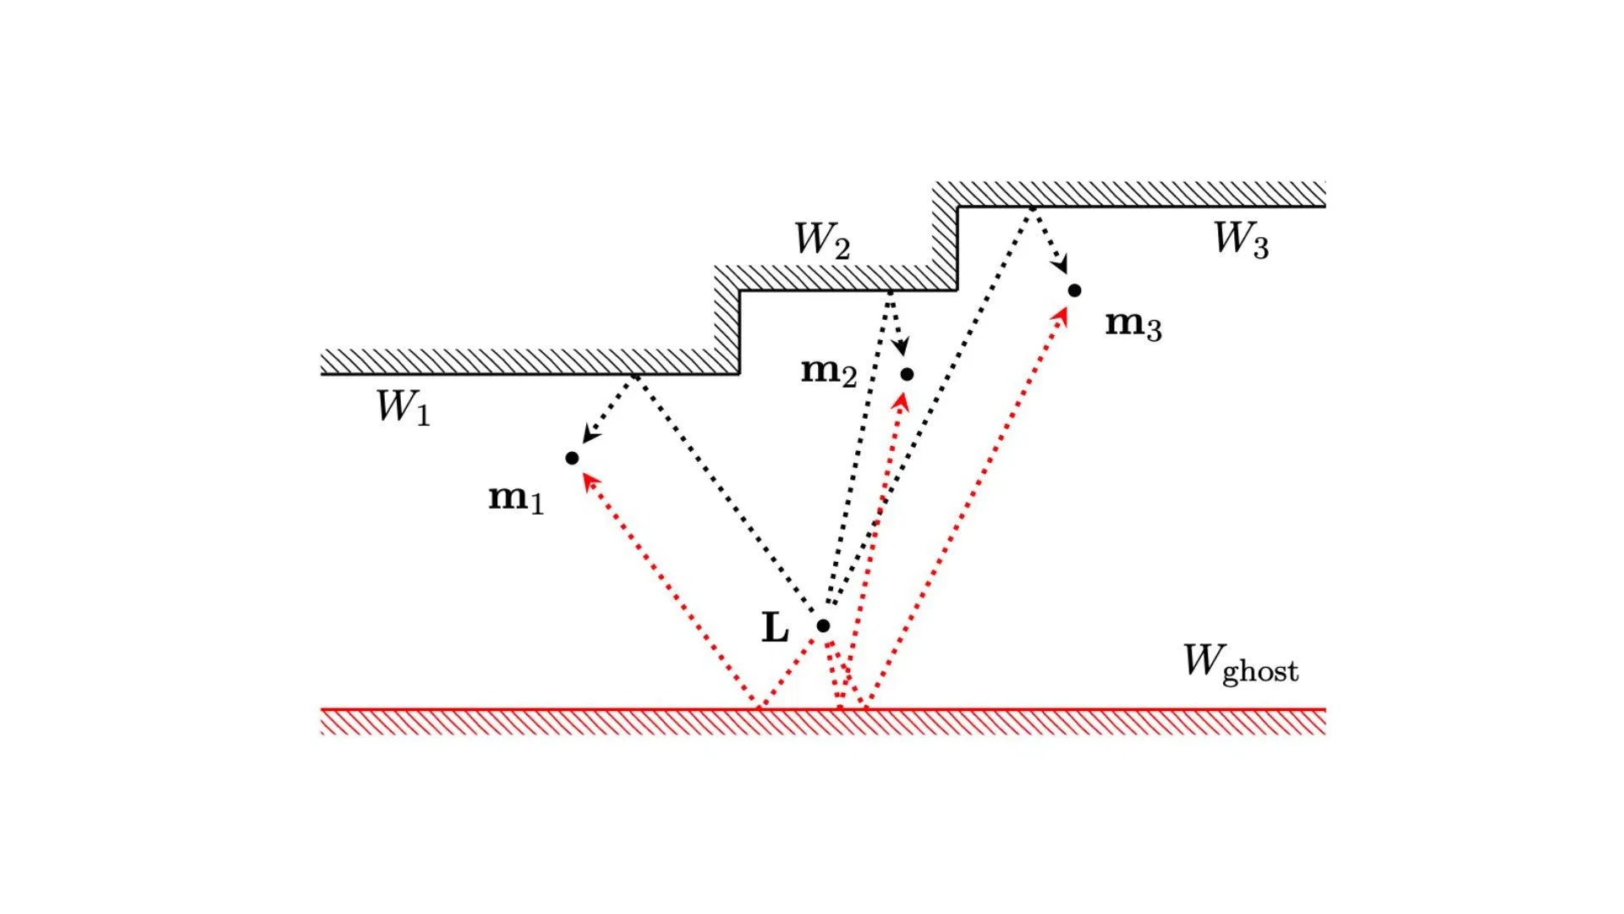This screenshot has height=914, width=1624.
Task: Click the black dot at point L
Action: pos(823,625)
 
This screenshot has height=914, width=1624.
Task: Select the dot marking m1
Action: pos(572,458)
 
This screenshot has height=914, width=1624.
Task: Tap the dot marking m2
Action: pos(907,374)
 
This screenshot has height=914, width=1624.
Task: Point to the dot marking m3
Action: pos(1074,290)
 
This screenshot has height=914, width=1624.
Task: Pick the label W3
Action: pos(1241,239)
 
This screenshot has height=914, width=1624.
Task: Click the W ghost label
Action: pos(1240,663)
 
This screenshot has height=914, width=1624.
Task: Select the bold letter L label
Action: pos(775,628)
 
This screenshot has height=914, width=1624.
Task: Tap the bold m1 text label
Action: pos(516,498)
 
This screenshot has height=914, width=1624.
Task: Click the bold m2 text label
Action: pos(829,371)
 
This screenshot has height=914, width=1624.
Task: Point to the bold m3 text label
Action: pos(1133,324)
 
